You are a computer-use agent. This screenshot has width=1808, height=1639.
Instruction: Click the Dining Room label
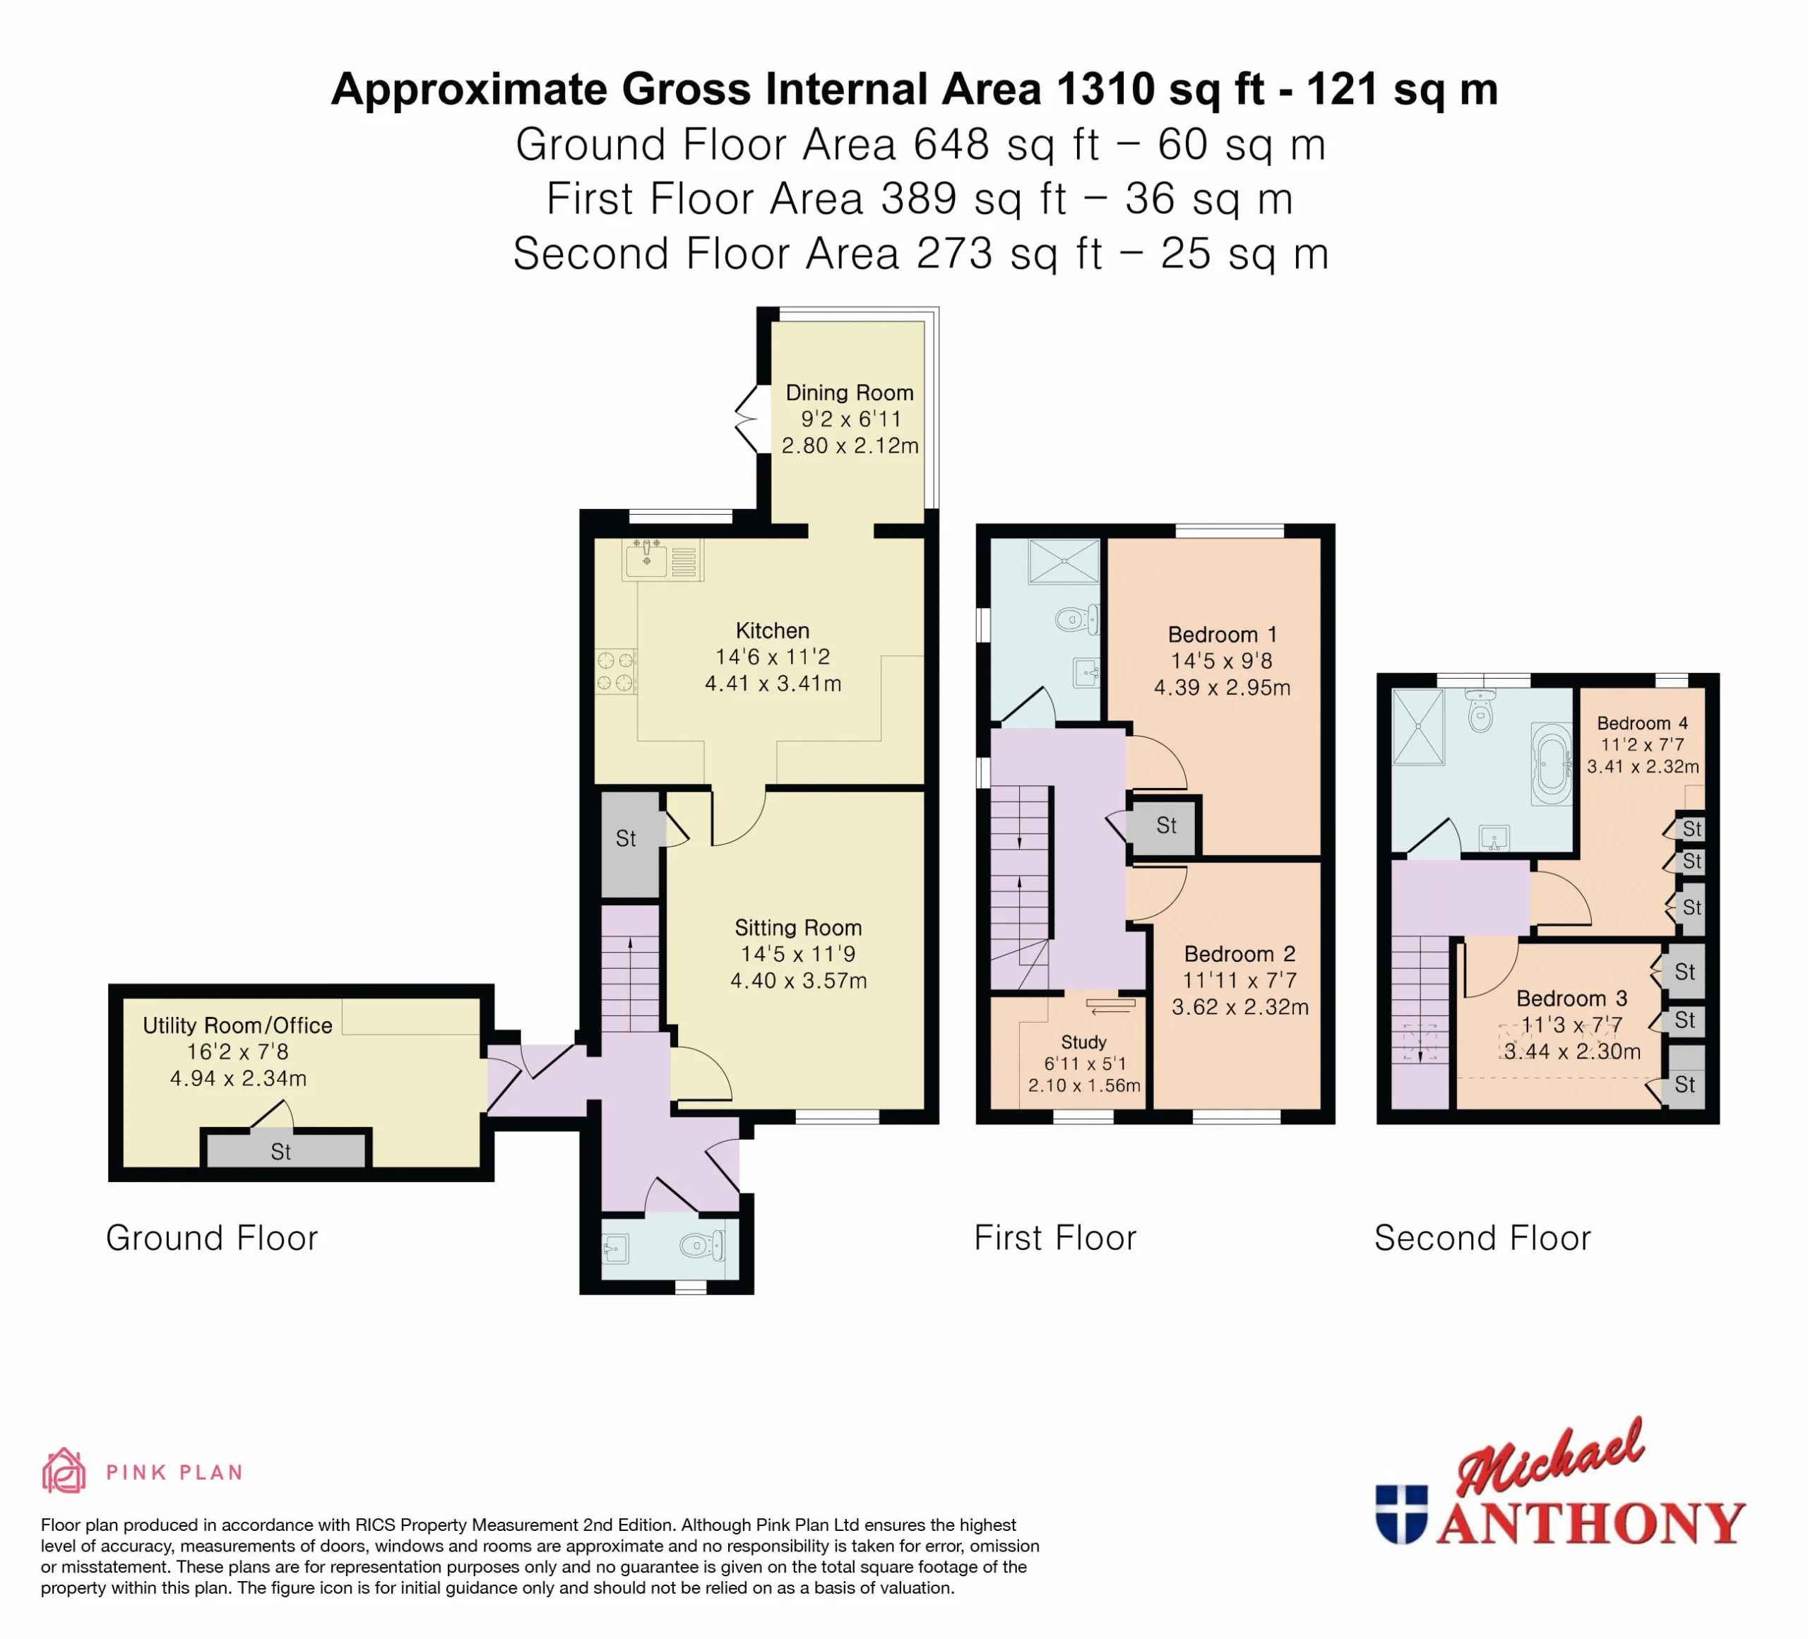pyautogui.click(x=850, y=393)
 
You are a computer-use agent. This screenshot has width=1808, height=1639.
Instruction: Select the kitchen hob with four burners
pyautogui.click(x=616, y=672)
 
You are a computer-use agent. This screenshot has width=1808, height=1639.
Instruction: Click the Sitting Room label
pyautogui.click(x=798, y=928)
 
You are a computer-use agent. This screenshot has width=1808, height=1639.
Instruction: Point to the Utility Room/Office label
pyautogui.click(x=238, y=1026)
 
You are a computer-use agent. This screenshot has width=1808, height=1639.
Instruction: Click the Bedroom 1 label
pyautogui.click(x=1223, y=635)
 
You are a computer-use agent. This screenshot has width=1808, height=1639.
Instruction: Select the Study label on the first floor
pyautogui.click(x=1083, y=1042)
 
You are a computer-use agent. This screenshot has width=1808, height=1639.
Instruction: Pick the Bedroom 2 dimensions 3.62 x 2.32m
pyautogui.click(x=1240, y=1007)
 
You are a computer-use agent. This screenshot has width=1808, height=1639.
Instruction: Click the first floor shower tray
pyautogui.click(x=1064, y=561)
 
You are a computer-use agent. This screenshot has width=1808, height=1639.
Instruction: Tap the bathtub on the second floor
pyautogui.click(x=1552, y=764)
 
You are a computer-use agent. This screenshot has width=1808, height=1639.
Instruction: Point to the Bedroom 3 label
pyautogui.click(x=1571, y=999)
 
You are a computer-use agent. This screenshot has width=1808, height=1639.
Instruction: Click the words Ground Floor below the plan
pyautogui.click(x=212, y=1238)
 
